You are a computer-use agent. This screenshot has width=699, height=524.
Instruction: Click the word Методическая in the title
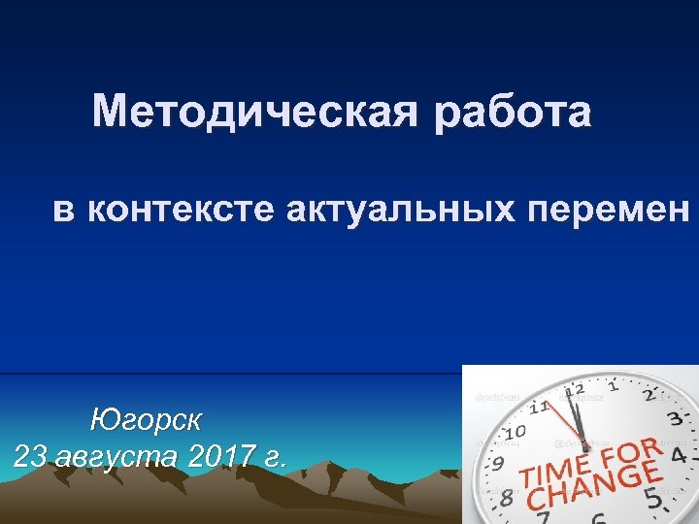coord(255,113)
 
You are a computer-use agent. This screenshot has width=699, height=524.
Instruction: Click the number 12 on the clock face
coord(574,389)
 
